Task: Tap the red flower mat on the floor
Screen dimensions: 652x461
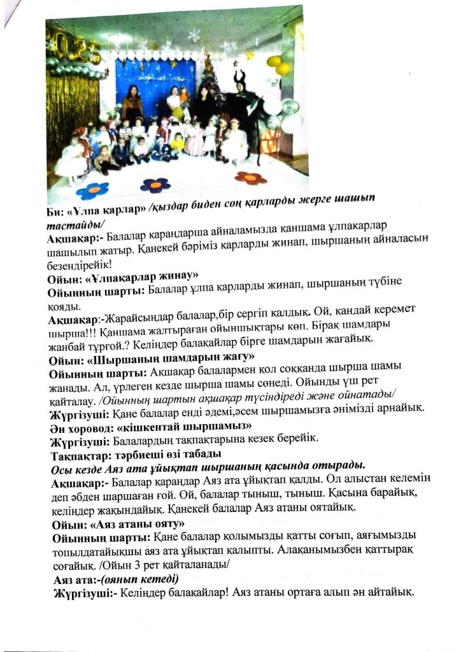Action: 250,177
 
